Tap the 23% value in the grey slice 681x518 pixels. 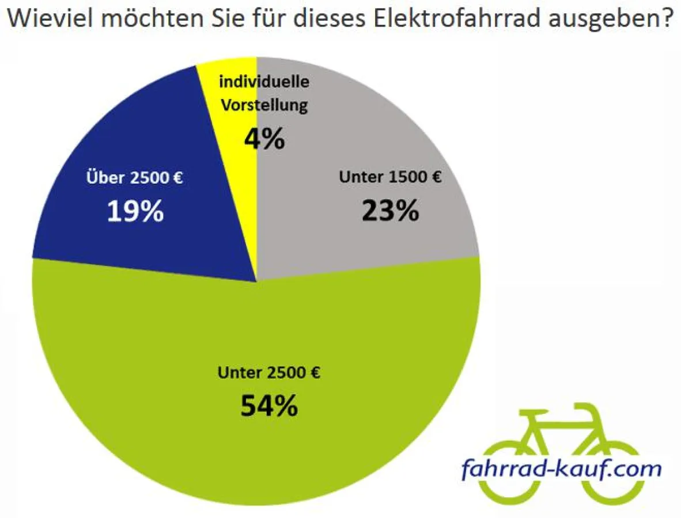click(390, 211)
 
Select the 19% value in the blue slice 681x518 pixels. click(135, 212)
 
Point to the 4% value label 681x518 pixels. click(264, 139)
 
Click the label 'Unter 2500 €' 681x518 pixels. click(268, 373)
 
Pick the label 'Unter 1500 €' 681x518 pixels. click(390, 177)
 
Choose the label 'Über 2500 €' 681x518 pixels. click(134, 178)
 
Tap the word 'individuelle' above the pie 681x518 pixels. click(264, 82)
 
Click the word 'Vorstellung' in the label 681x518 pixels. click(264, 105)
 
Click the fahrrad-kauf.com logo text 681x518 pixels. click(561, 469)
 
